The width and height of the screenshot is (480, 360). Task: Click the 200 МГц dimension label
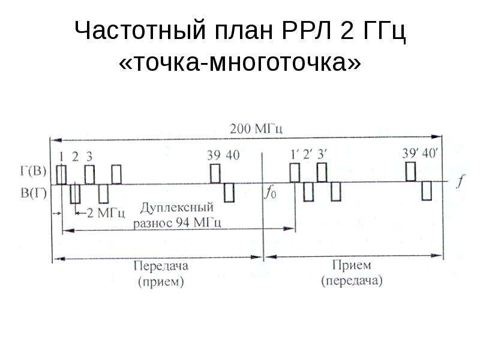tap(256, 129)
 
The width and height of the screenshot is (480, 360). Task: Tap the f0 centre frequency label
tap(270, 193)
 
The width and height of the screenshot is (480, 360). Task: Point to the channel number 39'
tap(410, 154)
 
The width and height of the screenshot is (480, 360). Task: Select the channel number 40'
tap(430, 154)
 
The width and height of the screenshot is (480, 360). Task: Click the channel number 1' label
tap(295, 155)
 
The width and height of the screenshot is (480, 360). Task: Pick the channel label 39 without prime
tap(214, 155)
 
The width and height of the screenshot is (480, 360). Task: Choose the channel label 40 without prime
tap(233, 155)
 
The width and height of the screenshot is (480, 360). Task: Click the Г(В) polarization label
tap(34, 171)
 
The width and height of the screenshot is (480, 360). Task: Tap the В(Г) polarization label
tap(34, 193)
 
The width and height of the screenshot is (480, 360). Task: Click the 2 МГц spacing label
tap(106, 213)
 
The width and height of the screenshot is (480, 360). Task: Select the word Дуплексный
tap(177, 208)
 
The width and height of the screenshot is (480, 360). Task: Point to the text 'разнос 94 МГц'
tap(177, 223)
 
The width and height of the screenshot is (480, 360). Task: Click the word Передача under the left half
tap(161, 266)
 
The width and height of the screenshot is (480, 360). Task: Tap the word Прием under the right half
tap(352, 265)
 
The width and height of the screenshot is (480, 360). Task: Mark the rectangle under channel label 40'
tap(427, 191)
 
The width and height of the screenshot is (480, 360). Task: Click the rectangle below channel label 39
tap(215, 173)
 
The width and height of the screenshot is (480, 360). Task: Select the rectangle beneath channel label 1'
tap(295, 173)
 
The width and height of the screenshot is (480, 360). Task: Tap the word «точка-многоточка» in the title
tap(239, 62)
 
